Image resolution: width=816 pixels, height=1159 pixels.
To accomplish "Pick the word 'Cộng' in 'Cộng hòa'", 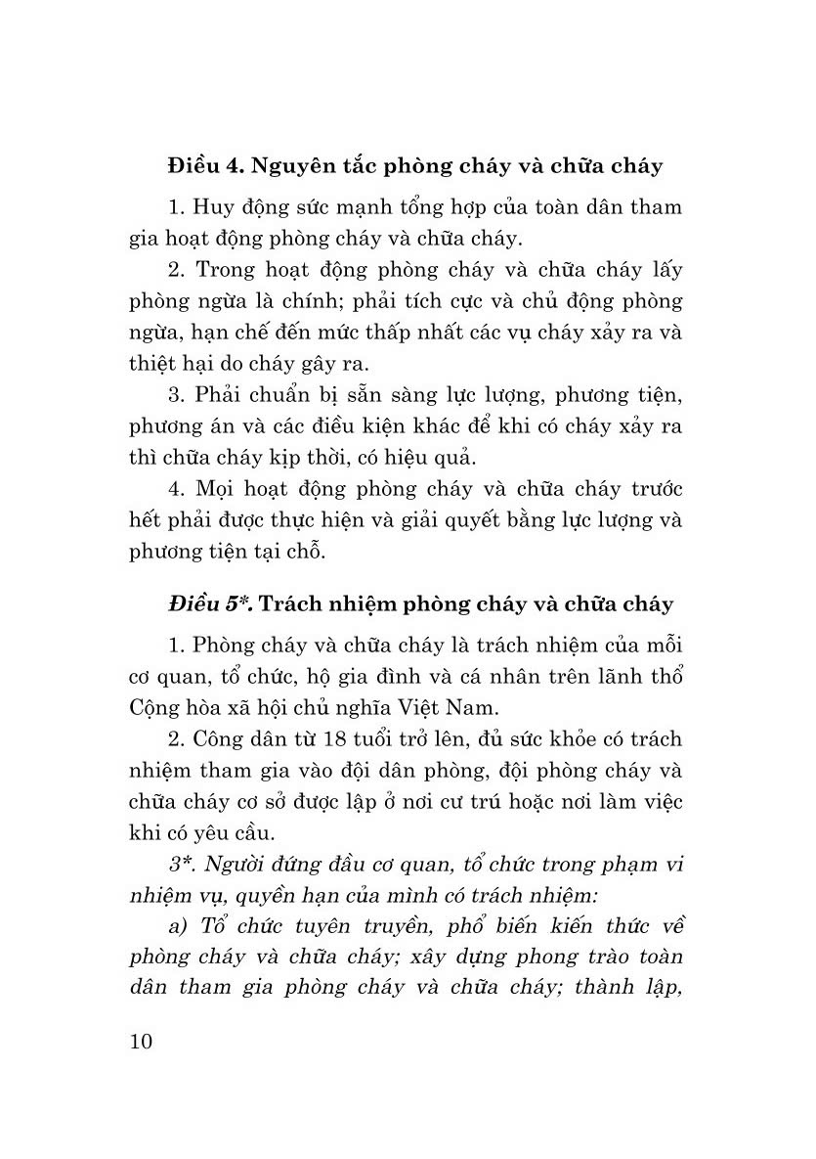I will pyautogui.click(x=153, y=707).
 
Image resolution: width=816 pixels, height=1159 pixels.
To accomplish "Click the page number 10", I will pyautogui.click(x=140, y=1040).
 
